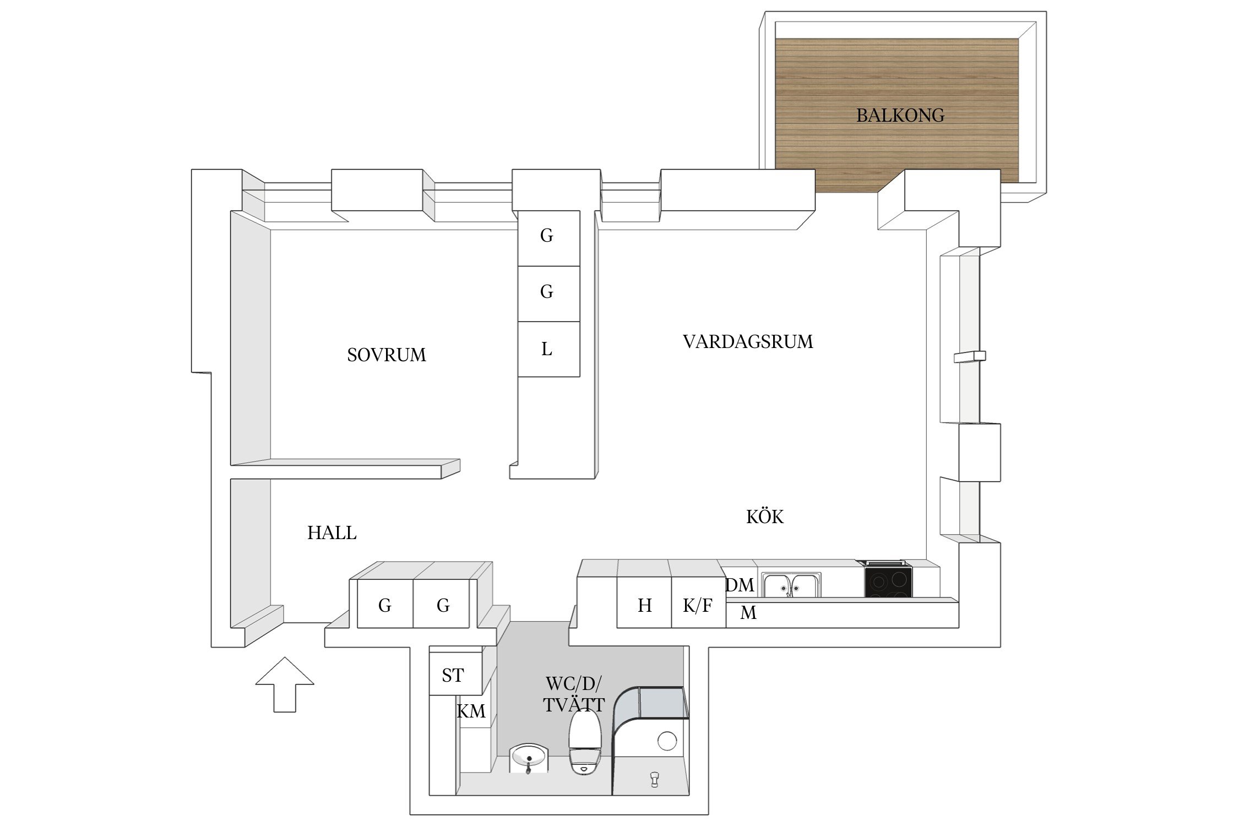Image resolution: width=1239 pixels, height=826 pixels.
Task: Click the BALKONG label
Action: click(900, 115)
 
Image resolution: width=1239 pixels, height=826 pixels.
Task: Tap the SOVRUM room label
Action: click(387, 355)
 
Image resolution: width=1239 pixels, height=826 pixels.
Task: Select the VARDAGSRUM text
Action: click(748, 342)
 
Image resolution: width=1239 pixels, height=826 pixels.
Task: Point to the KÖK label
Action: click(764, 517)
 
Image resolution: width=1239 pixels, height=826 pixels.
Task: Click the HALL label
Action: click(332, 532)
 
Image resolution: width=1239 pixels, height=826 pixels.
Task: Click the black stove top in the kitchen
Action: click(888, 582)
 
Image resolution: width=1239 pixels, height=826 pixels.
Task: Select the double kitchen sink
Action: click(791, 585)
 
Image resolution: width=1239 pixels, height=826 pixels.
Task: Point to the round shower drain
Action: click(667, 741)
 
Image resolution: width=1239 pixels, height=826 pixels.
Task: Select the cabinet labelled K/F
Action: click(698, 606)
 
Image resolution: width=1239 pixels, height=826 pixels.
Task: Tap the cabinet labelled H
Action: click(644, 606)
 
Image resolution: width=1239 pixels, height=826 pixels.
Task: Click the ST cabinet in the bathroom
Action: click(453, 675)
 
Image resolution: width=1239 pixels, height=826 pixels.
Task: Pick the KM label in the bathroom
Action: click(471, 711)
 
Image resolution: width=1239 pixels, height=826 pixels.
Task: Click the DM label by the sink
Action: click(740, 585)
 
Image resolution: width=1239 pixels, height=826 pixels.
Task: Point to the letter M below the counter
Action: click(748, 612)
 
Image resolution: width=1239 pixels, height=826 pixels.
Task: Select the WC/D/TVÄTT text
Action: click(574, 694)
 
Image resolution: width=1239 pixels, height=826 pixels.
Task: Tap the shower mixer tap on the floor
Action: click(654, 779)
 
